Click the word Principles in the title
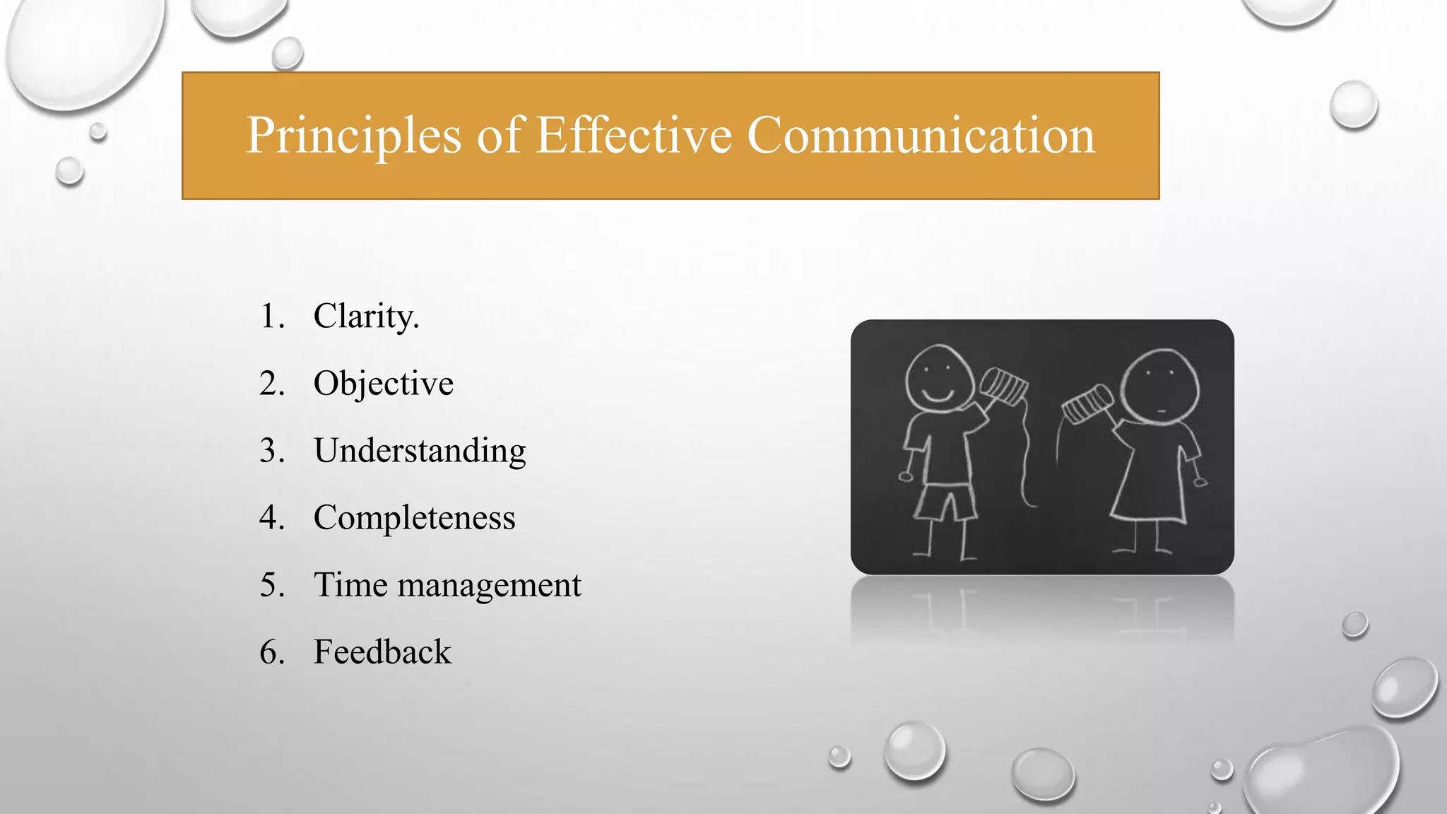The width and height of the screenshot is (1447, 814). [353, 136]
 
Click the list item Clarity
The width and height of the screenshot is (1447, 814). [366, 316]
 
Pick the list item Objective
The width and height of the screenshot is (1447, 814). [383, 384]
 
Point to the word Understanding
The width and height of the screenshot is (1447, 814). [420, 451]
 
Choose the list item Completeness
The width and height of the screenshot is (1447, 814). [414, 518]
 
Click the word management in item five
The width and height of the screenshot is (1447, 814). [489, 586]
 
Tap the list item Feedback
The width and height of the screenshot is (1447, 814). [382, 652]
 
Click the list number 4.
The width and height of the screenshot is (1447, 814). [271, 518]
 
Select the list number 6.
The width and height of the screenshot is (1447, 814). [271, 652]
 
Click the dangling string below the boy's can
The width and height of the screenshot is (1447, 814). [1025, 459]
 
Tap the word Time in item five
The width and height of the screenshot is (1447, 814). [350, 586]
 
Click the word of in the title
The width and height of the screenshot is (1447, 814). [499, 136]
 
